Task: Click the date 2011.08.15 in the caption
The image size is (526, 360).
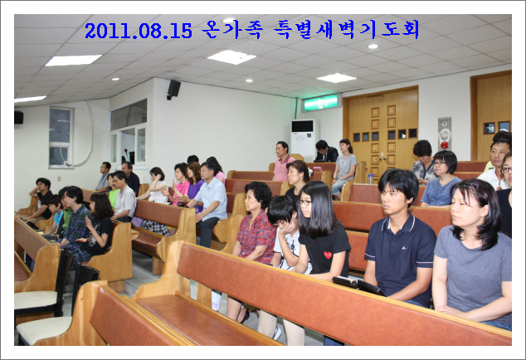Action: pos(139,31)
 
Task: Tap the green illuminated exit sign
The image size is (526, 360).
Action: pos(321,103)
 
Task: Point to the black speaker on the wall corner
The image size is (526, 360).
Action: pos(173,90)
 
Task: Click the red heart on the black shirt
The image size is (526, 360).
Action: pos(328,255)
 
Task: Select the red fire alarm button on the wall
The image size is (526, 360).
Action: pos(444,145)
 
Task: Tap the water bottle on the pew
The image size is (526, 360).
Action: pos(370,178)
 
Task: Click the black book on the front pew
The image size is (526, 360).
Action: pos(358,285)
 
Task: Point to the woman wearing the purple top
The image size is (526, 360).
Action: pos(195,184)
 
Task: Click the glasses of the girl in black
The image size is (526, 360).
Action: pos(305,202)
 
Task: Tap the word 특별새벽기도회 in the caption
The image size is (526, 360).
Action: pos(347,30)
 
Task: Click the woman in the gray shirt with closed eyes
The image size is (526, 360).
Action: pos(472,255)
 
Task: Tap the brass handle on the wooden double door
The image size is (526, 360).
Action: pos(382,157)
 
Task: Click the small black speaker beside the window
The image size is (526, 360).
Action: pos(19,118)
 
